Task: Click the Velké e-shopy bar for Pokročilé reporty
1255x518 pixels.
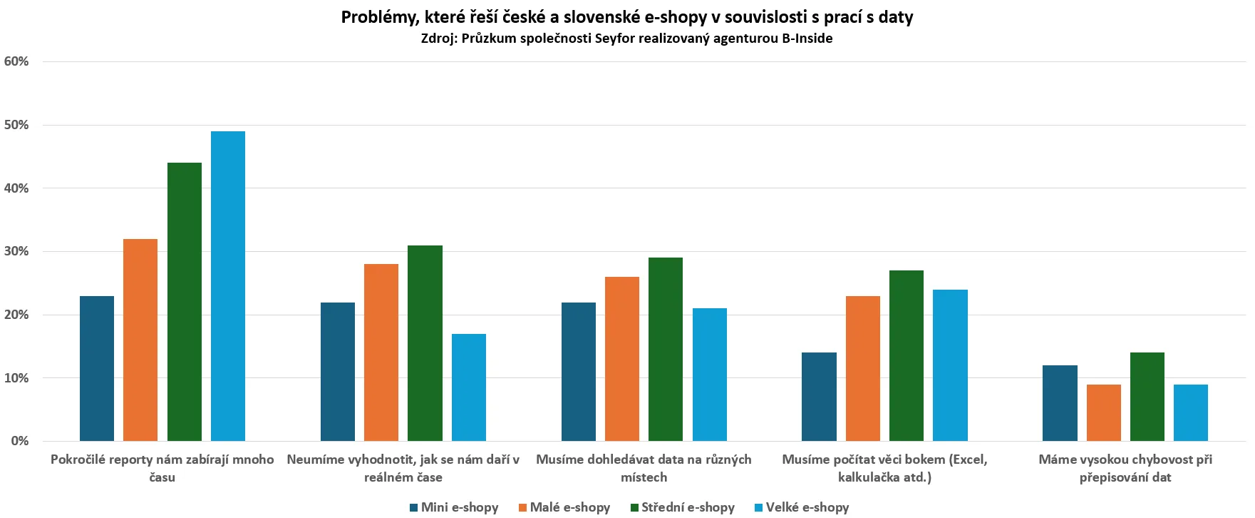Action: (228, 285)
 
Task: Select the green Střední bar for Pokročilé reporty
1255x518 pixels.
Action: (185, 302)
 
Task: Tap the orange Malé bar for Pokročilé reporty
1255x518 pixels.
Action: (140, 340)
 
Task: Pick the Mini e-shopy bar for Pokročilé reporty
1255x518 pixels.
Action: (97, 368)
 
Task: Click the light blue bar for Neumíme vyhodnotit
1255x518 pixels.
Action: (469, 387)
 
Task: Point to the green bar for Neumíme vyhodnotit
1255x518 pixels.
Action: (425, 342)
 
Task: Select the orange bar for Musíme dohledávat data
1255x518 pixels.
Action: (622, 358)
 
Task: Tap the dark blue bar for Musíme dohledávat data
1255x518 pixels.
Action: (579, 371)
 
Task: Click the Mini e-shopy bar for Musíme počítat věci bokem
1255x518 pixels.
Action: (819, 397)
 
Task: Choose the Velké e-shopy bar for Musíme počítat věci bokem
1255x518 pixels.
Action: (950, 365)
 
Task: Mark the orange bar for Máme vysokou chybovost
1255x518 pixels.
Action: (1104, 412)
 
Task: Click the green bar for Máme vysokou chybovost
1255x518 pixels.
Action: (1147, 397)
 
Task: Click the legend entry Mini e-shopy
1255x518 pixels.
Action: (459, 507)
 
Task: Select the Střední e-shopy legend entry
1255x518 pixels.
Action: (687, 507)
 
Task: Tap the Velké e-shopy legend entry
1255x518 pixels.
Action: (807, 507)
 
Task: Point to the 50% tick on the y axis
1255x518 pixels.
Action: (16, 125)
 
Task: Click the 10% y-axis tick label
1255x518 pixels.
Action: (16, 378)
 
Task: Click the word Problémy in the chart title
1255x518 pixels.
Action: (376, 17)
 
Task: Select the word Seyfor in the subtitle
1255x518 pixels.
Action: (618, 39)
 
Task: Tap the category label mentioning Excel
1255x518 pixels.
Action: (884, 468)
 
